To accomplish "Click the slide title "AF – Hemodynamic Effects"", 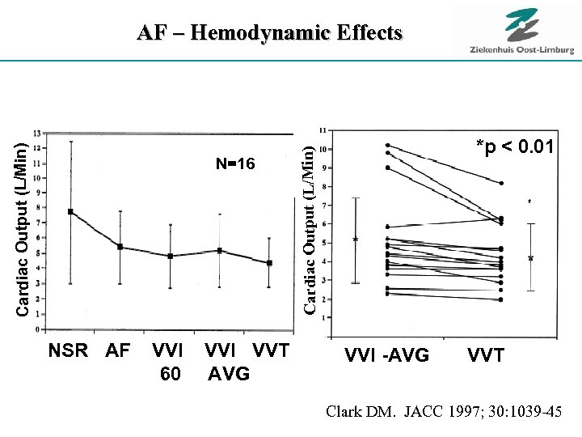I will pyautogui.click(x=269, y=33).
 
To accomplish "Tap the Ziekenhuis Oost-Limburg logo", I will pyautogui.click(x=521, y=32).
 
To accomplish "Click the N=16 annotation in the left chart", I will pyautogui.click(x=235, y=164).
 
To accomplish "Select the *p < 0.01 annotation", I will pyautogui.click(x=515, y=146).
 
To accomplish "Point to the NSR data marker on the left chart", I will pyautogui.click(x=71, y=211).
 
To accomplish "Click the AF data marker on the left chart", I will pyautogui.click(x=120, y=247).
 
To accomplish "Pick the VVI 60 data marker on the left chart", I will pyautogui.click(x=170, y=256).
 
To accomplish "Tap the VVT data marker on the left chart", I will pyautogui.click(x=269, y=262).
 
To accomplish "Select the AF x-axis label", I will pyautogui.click(x=117, y=352).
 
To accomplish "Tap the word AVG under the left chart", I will pyautogui.click(x=229, y=374).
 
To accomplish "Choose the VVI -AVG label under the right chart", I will pyautogui.click(x=386, y=355).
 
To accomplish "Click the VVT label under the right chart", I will pyautogui.click(x=485, y=355).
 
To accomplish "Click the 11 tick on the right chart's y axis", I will pyautogui.click(x=323, y=129).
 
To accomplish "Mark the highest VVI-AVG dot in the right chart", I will pyautogui.click(x=387, y=146).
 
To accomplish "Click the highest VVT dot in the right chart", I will pyautogui.click(x=500, y=184).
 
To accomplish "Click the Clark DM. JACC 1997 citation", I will pyautogui.click(x=443, y=412).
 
